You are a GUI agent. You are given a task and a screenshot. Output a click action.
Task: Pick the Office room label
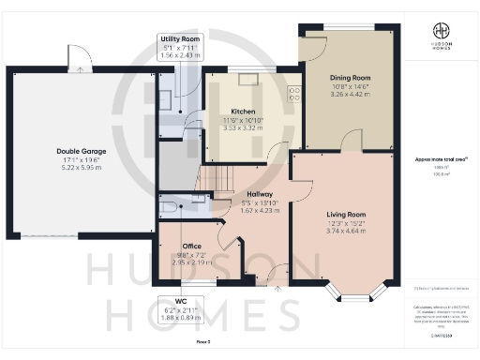pos(191,246)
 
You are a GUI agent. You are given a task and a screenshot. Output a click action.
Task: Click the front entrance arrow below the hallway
pos(277,290)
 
